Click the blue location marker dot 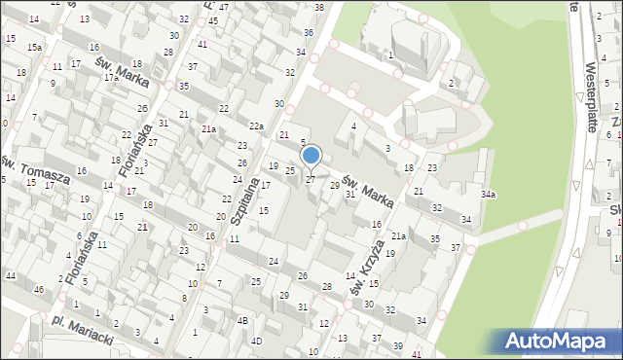click(x=311, y=154)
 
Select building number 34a click(x=488, y=194)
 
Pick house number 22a click(x=256, y=126)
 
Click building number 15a click(x=34, y=47)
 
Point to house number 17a click(x=111, y=77)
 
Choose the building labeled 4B click(x=243, y=320)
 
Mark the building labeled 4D click(x=256, y=341)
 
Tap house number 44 click(x=10, y=276)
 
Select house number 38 click(x=319, y=7)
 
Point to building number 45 click(x=225, y=7)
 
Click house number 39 click(x=397, y=345)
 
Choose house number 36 click(x=308, y=32)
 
